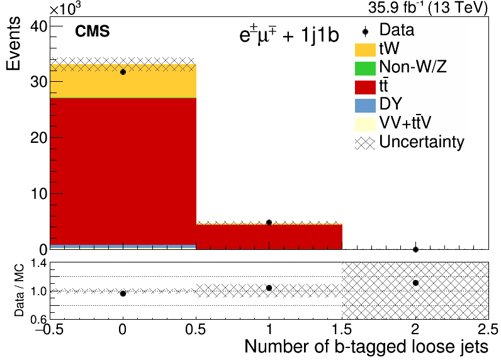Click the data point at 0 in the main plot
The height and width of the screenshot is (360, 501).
point(123,72)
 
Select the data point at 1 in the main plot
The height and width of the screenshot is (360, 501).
point(269,223)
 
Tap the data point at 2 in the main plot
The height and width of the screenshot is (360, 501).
point(415,249)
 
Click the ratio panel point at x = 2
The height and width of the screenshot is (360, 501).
point(415,283)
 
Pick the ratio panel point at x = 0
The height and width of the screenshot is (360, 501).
point(123,293)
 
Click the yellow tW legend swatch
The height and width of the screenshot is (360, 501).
point(365,50)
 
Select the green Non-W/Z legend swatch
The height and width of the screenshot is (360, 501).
point(365,69)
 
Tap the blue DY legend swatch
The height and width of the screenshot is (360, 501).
point(365,106)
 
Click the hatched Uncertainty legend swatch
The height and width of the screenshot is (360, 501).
point(365,143)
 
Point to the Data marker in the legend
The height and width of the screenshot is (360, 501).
point(366,31)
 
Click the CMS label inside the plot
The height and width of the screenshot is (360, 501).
point(93,31)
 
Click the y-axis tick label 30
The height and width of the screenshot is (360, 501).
point(38,82)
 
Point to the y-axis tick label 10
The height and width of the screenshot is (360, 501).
point(38,194)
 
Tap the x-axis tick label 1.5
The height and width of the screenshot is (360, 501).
point(342,329)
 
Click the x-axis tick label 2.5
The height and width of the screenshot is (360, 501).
point(488,329)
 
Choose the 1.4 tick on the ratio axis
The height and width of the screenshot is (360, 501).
point(39,264)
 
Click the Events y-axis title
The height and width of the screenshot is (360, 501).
point(13,43)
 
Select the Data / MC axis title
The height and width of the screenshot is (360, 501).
point(19,290)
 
